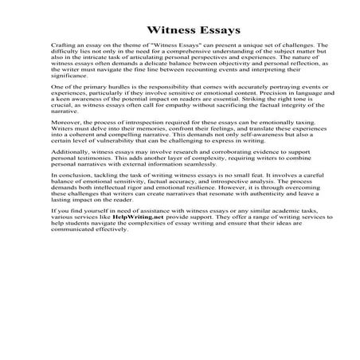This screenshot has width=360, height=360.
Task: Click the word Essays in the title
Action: pyautogui.click(x=212, y=31)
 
